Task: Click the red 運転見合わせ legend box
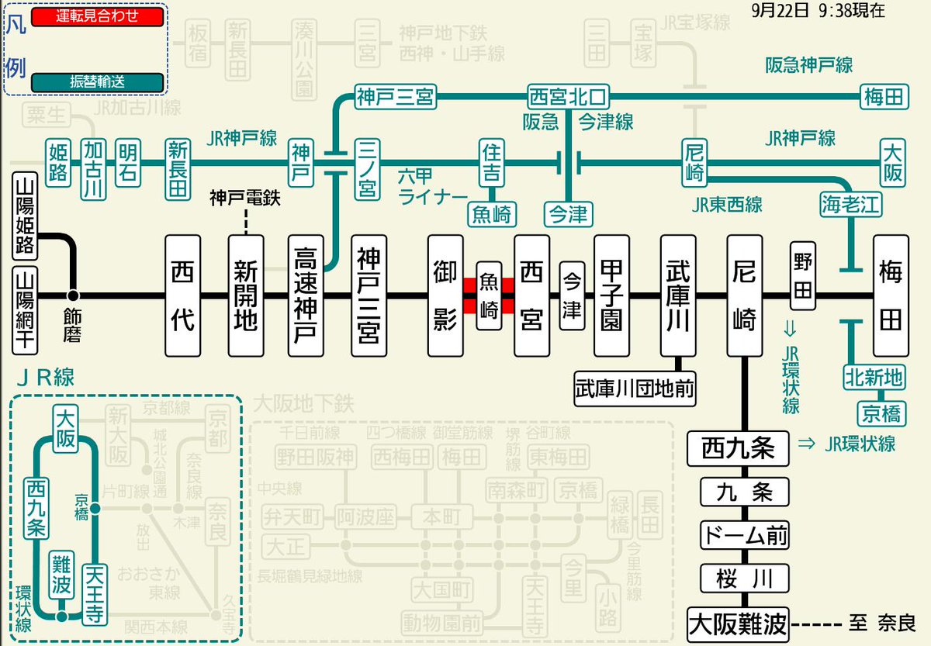tap(97, 16)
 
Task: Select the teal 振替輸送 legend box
tap(97, 81)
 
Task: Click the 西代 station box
tap(182, 295)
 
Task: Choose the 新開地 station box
tap(245, 295)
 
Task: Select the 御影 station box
tap(445, 295)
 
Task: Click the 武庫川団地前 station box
tap(634, 386)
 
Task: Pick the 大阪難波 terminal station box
tap(738, 624)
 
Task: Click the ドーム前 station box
tap(744, 534)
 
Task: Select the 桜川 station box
tap(744, 578)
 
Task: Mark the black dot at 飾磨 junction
tap(74, 295)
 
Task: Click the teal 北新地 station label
tap(873, 378)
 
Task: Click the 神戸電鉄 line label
tap(244, 198)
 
